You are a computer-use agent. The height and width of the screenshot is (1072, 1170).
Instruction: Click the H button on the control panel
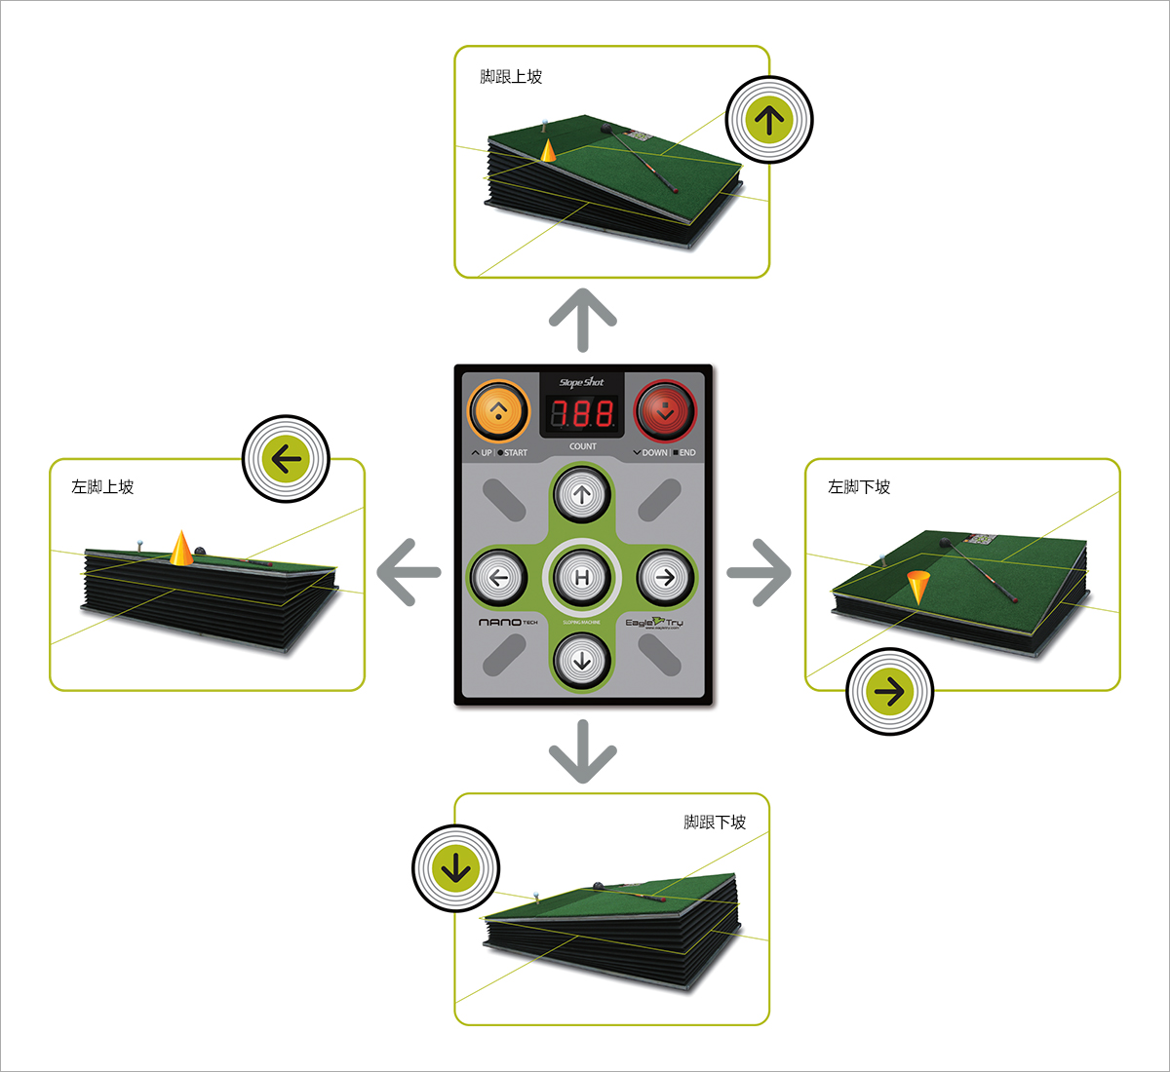pyautogui.click(x=582, y=577)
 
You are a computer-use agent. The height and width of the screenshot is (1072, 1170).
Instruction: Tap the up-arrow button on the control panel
pyautogui.click(x=582, y=495)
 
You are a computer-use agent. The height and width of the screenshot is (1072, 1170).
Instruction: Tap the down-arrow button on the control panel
pyautogui.click(x=582, y=661)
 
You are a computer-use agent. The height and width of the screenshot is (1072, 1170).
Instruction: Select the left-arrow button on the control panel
pyautogui.click(x=499, y=577)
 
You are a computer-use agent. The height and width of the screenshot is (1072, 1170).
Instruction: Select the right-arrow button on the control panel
pyautogui.click(x=665, y=577)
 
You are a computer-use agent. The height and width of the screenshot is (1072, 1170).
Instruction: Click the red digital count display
pyautogui.click(x=583, y=413)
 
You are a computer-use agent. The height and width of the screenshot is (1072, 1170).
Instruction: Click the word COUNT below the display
pyautogui.click(x=583, y=446)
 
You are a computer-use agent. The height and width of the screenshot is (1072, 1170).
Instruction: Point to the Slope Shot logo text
pyautogui.click(x=582, y=383)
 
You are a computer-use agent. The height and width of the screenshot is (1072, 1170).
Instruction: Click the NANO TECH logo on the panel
pyautogui.click(x=507, y=622)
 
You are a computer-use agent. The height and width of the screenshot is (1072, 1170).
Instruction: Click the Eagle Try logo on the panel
pyautogui.click(x=654, y=622)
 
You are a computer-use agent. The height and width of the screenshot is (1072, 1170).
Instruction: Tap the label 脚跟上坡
pyautogui.click(x=511, y=77)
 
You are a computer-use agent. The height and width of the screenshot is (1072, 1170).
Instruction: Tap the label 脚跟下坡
pyautogui.click(x=715, y=823)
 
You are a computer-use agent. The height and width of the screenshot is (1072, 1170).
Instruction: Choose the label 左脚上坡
pyautogui.click(x=102, y=486)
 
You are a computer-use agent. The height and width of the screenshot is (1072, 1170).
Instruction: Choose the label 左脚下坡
pyautogui.click(x=859, y=486)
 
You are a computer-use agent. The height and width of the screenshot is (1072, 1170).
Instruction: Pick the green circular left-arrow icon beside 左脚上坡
pyautogui.click(x=286, y=459)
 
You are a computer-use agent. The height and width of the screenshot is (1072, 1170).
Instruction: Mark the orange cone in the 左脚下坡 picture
pyautogui.click(x=917, y=587)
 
